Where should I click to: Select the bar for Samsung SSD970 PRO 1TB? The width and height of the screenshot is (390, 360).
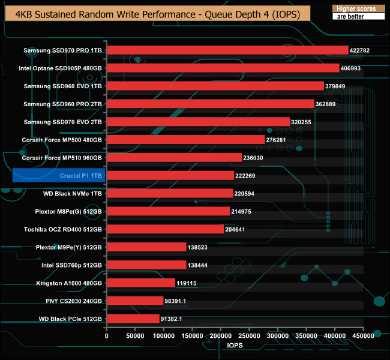click(227, 50)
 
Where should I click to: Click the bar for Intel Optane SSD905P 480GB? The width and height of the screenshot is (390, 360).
click(223, 68)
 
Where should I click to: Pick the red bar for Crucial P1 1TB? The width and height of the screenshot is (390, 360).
click(170, 175)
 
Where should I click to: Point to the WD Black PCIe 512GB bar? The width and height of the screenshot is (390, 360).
click(133, 319)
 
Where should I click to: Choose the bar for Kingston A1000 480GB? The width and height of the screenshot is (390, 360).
click(141, 283)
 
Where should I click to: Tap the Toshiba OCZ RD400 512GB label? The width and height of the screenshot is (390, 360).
click(63, 229)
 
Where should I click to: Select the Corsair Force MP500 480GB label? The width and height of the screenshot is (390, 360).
click(62, 140)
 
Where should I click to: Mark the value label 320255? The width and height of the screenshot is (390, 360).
click(303, 122)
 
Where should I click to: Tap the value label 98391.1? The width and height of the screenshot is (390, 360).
click(177, 301)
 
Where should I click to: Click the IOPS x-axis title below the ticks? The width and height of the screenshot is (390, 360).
click(235, 347)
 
